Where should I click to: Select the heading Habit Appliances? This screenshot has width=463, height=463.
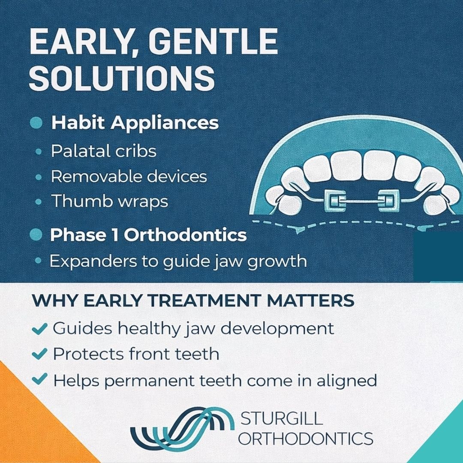(135, 123)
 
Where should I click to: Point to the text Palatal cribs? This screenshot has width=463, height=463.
(103, 151)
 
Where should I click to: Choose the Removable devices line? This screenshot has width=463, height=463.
(129, 176)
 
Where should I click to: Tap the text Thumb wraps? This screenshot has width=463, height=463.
(109, 201)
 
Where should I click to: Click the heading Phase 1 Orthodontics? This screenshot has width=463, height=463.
(148, 235)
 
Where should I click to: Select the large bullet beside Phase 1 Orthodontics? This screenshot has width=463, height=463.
(37, 235)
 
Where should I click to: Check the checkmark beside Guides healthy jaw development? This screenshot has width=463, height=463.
(40, 329)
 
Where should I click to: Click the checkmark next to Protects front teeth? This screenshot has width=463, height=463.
(40, 354)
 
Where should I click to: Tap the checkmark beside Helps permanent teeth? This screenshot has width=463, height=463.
(40, 379)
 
